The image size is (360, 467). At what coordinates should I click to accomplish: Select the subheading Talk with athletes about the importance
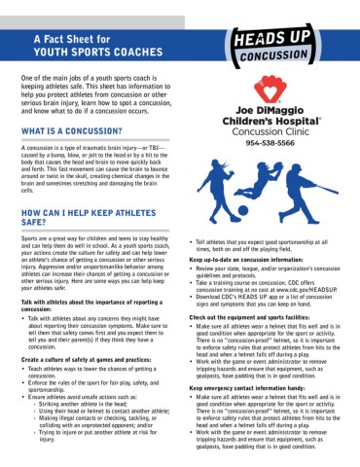tap(87, 303)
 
